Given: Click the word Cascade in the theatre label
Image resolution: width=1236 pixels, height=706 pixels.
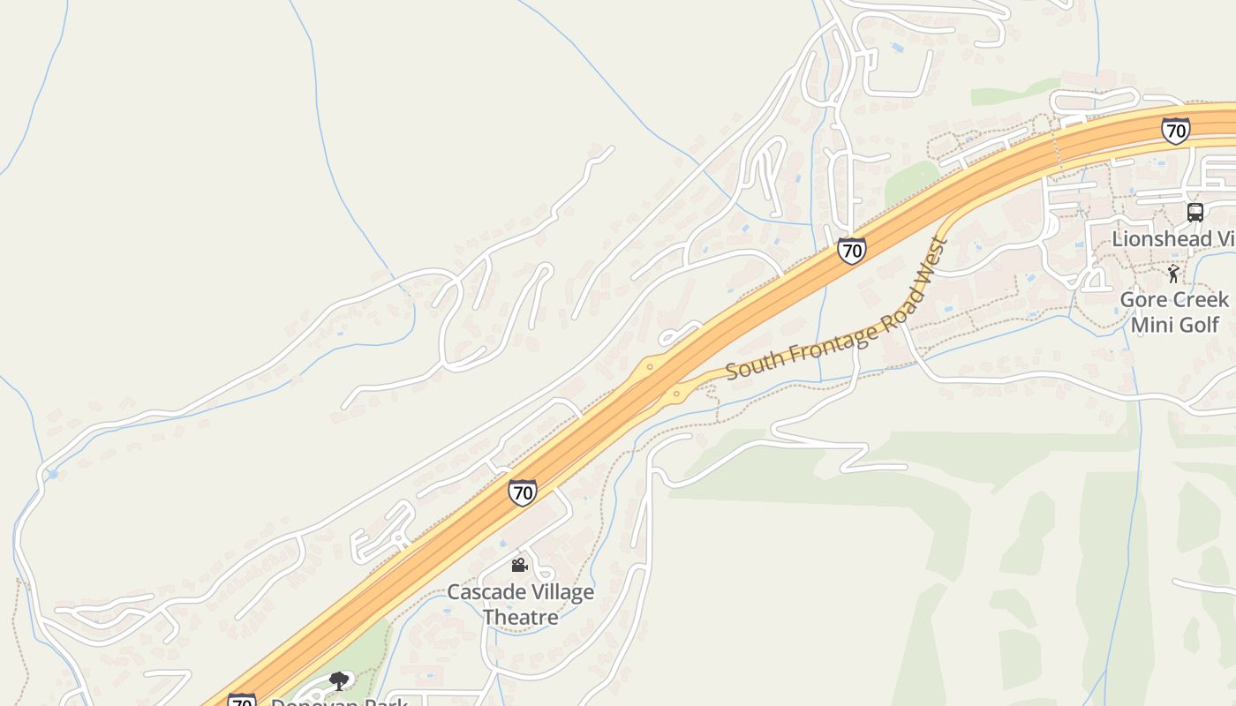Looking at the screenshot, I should point(479,592).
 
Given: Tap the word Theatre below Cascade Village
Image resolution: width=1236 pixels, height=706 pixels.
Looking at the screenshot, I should point(520,617).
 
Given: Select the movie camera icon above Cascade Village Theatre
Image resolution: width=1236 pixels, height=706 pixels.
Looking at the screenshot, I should point(520,565).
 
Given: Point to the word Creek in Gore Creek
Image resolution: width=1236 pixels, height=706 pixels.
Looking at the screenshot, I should point(1201,299).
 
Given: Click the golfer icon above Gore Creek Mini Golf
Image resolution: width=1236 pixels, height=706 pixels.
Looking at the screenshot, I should point(1173,274).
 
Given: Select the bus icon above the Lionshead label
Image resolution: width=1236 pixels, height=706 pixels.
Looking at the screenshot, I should point(1195,212).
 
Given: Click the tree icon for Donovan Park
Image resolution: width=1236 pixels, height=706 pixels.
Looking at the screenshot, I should point(339,680).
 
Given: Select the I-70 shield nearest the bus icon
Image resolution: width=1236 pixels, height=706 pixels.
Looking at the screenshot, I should point(1175,131).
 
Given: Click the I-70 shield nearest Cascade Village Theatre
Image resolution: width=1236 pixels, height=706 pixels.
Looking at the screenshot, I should point(523,492).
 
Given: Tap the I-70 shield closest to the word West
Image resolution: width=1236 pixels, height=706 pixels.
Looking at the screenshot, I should point(852,251).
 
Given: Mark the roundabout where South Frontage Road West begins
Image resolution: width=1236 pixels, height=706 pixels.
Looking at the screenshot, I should point(677,394).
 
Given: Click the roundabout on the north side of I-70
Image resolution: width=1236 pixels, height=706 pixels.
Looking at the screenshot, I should point(650,366).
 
